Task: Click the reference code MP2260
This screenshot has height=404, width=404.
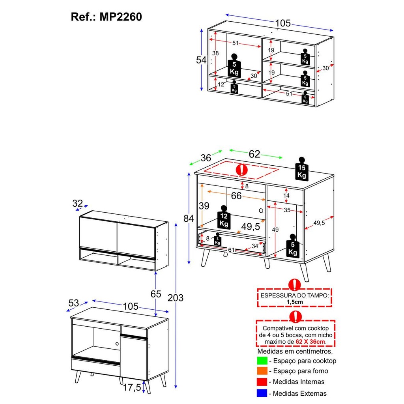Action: coord(121,17)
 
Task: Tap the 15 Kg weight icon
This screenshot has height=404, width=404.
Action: coord(302,168)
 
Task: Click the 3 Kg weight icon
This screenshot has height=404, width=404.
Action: coord(218,239)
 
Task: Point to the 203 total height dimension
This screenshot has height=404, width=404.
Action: coord(176,298)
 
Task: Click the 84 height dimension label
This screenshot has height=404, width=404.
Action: coord(188,219)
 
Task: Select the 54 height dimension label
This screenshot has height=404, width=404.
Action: coord(201,60)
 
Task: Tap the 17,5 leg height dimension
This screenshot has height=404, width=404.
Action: coord(132,387)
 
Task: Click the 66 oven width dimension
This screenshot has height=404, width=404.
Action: coord(236,196)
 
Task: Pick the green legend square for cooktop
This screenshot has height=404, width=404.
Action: coord(262,361)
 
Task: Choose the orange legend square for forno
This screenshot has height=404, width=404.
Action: coord(262,371)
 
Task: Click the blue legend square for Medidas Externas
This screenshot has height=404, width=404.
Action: coord(262,393)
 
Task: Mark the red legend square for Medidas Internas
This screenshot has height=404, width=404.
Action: coord(262,382)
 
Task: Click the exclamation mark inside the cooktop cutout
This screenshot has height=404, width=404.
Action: coord(242,170)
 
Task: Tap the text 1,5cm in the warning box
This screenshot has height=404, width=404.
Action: coord(295,302)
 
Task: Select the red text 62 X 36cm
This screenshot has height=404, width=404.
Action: coord(310,342)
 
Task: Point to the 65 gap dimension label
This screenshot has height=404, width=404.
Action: coord(155,294)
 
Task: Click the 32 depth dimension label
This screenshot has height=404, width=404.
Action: coord(77,204)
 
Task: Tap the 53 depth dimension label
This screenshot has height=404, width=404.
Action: coord(74,303)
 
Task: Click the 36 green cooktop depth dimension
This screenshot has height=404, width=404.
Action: coord(206,158)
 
